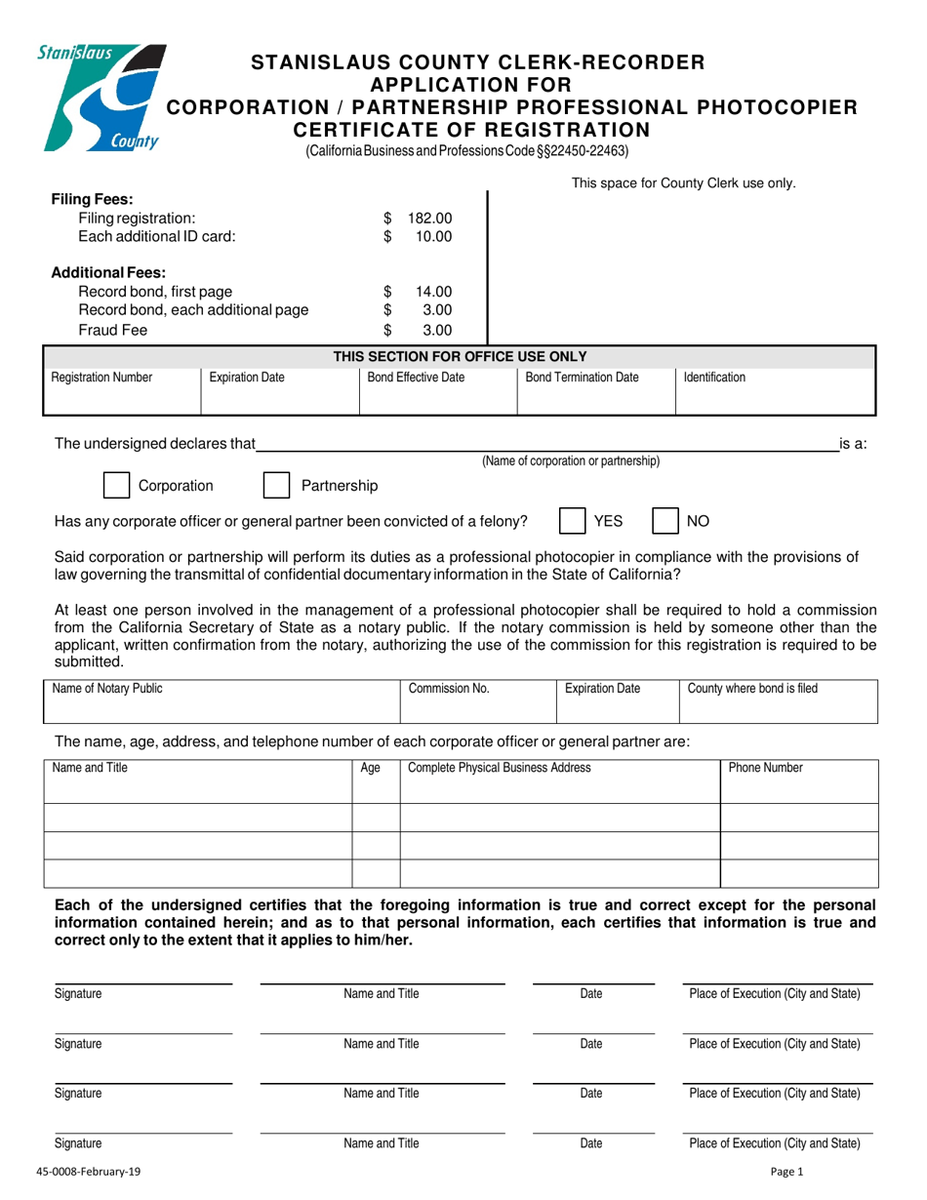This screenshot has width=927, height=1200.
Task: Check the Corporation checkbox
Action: [116, 485]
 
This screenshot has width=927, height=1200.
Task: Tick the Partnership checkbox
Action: [277, 485]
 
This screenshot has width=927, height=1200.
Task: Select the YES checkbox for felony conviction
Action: [571, 521]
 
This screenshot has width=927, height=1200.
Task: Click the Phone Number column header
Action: [766, 768]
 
